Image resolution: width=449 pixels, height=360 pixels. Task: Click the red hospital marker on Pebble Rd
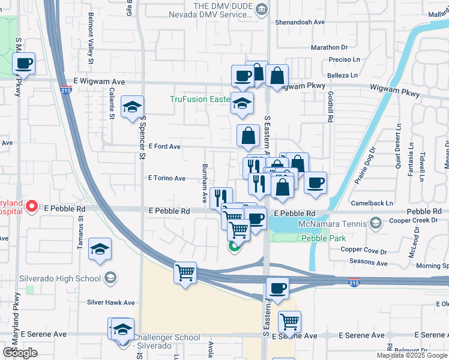pos(32,208)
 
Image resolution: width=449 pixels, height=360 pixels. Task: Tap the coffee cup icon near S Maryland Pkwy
pos(23,63)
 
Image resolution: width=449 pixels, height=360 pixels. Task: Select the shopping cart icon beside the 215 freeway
pos(185,273)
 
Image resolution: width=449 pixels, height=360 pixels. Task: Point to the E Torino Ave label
pos(167,178)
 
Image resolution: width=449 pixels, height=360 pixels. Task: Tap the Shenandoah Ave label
pos(300,22)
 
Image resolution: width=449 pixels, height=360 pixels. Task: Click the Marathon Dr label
pos(329,47)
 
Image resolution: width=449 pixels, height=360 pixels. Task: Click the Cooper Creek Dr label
pos(411,221)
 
